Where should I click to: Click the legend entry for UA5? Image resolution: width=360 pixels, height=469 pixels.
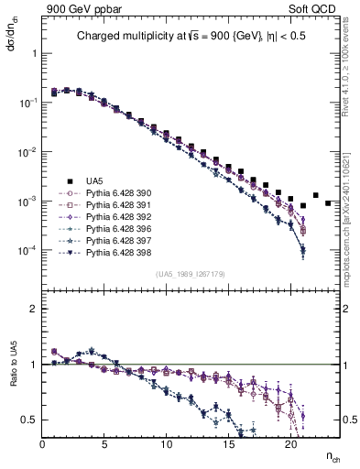pos(94,181)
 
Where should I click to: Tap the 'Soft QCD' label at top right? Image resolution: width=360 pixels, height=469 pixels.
pos(319,7)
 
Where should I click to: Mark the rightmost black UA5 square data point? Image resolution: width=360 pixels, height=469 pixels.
pos(328,203)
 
